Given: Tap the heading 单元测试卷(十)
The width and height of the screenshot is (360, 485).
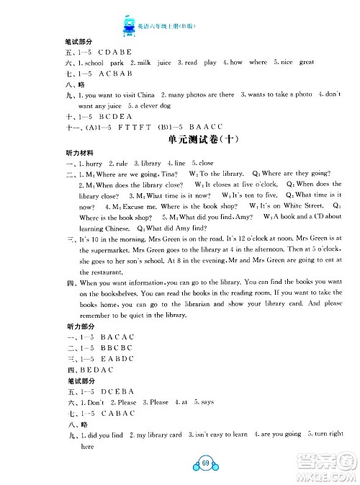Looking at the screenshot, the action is pyautogui.click(x=179, y=139).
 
